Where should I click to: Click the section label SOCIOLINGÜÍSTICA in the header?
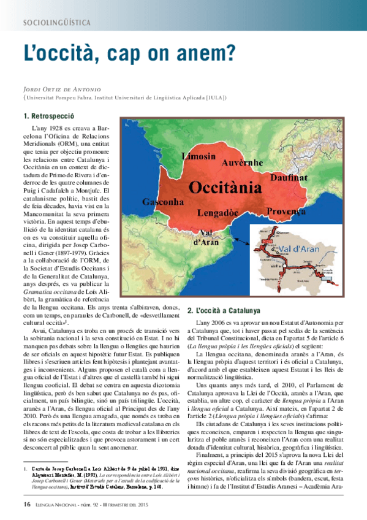[56, 23]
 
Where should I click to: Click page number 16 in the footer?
[27, 504]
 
